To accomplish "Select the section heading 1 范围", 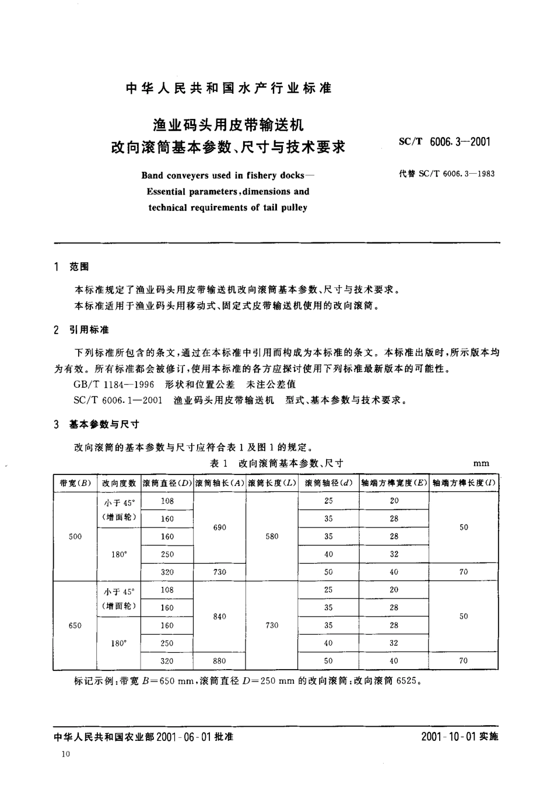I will (x=71, y=267).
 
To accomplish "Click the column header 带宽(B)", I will (x=75, y=483).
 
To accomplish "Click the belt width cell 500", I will (x=75, y=536).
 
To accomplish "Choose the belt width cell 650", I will (x=75, y=625).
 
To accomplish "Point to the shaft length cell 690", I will (x=219, y=527).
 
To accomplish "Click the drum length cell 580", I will (x=272, y=536).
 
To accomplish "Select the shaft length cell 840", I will (x=219, y=617).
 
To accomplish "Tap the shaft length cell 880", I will (x=219, y=661).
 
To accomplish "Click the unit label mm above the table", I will (x=481, y=463).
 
